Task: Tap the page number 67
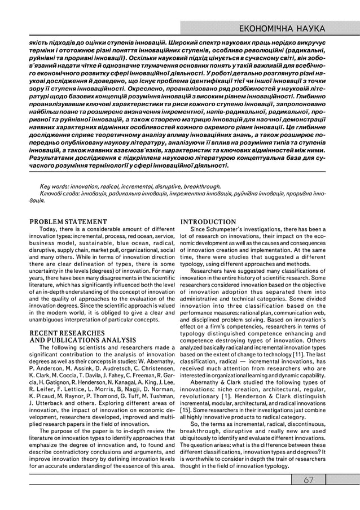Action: (x=308, y=480)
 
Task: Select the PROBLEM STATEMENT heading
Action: (x=68, y=221)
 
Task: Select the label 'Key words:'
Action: (x=52, y=185)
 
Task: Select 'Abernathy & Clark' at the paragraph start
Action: (x=215, y=381)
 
